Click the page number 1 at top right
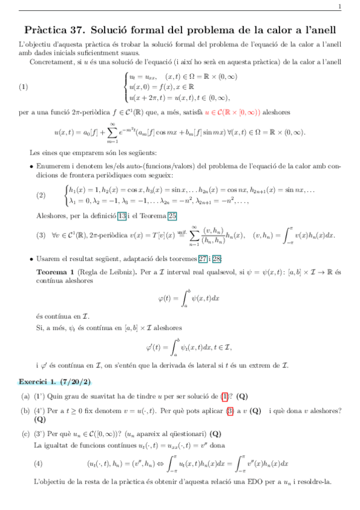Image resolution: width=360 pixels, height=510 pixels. point(340,7)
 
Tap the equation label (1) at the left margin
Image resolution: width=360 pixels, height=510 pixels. point(23,86)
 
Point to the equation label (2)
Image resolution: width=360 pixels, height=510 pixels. point(41,195)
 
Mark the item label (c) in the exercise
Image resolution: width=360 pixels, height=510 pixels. point(25,434)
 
